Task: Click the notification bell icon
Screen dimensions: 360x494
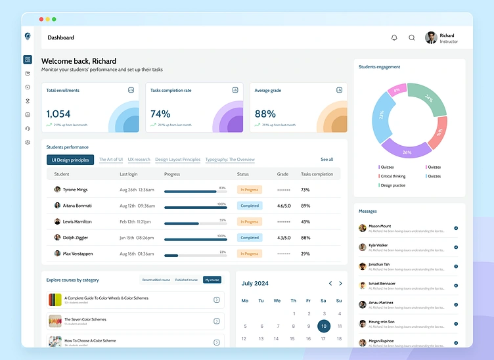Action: coord(394,37)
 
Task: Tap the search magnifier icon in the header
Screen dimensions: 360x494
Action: coord(412,37)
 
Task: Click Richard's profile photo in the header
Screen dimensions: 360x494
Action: coord(431,37)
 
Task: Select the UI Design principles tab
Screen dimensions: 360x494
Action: coord(70,160)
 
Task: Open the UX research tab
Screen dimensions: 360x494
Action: coord(139,160)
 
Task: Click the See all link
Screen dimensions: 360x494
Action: coord(326,160)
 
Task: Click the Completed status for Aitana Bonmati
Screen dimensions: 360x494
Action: coord(250,206)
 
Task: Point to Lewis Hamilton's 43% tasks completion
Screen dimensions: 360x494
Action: coord(305,222)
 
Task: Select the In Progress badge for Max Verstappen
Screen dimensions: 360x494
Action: coord(250,254)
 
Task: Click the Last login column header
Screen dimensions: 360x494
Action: coord(129,174)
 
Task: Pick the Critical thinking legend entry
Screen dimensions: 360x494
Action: coord(393,176)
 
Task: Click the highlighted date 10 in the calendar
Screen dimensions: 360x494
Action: coord(323,326)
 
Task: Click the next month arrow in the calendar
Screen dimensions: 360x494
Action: coord(340,283)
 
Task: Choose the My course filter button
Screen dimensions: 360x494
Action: coord(212,280)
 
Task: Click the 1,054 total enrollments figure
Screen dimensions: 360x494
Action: coord(58,114)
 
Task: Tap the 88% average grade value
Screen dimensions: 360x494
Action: coord(265,114)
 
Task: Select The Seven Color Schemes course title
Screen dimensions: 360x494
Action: coord(85,319)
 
